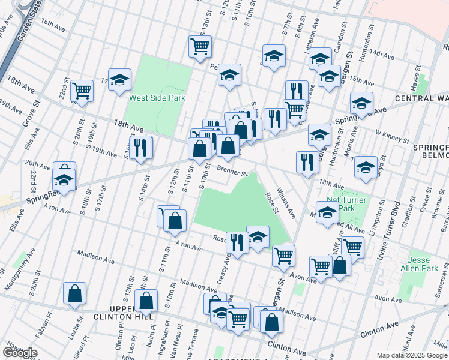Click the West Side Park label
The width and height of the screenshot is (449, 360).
157,98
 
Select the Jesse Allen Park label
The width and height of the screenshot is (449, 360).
423,265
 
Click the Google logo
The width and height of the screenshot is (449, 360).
20,353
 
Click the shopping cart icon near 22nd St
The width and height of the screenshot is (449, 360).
82,91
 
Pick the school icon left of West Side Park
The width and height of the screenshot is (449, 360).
119,79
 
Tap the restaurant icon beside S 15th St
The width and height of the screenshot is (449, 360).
140,146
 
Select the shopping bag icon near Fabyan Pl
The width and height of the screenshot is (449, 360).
75,293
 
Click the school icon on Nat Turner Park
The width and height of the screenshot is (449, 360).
327,212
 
